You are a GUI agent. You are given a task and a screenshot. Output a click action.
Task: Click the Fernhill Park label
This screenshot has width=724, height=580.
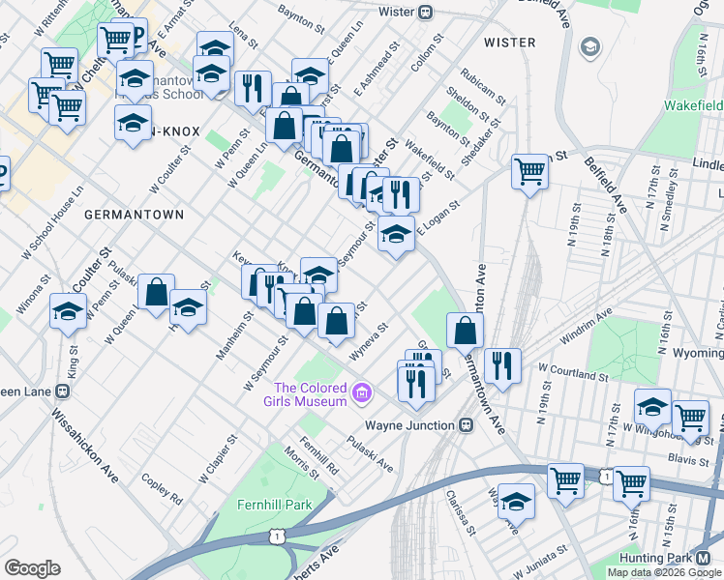pos(275,505)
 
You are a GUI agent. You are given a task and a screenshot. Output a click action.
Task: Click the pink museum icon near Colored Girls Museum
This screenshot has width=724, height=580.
pos(362,392)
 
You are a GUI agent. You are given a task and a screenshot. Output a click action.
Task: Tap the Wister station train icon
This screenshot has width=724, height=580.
pos(424,13)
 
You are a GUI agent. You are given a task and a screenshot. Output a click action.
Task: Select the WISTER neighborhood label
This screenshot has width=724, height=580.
pos(509,43)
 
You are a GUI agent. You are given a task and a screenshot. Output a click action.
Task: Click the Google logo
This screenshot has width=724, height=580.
pos(33,568)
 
